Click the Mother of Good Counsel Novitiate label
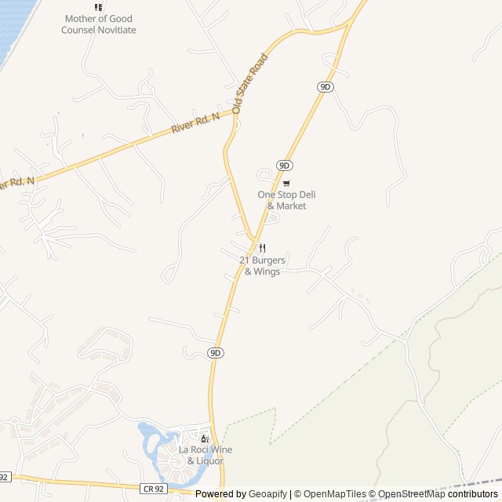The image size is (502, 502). [99, 24]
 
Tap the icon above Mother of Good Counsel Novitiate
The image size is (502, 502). [98, 8]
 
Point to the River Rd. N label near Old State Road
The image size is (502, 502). [195, 124]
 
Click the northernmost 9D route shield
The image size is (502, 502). [326, 86]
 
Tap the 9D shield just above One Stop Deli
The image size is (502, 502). [284, 166]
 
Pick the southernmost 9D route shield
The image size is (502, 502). [216, 353]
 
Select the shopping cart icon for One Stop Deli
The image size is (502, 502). [286, 183]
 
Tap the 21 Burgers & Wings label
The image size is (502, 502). [262, 266]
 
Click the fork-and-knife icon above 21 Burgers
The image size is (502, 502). [262, 248]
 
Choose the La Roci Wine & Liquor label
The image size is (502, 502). [206, 455]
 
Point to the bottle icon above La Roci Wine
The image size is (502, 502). [205, 438]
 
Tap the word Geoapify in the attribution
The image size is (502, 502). [268, 494]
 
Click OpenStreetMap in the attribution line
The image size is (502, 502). [411, 494]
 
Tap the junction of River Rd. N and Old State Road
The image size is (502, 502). [235, 111]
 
